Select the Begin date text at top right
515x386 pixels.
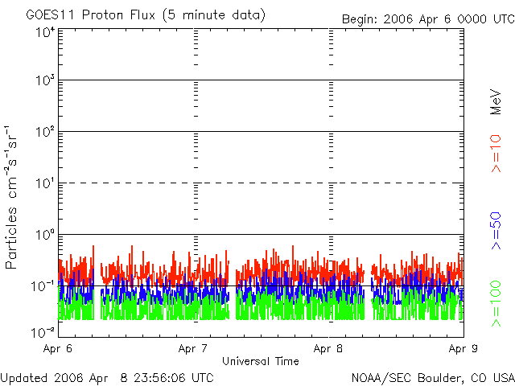click(428, 19)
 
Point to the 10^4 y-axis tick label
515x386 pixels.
click(45, 32)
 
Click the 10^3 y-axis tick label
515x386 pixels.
click(45, 80)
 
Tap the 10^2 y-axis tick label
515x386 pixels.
click(45, 132)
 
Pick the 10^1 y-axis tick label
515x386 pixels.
click(45, 183)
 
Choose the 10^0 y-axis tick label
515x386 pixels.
click(45, 234)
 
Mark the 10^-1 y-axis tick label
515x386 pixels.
click(43, 286)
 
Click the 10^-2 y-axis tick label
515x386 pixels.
click(43, 332)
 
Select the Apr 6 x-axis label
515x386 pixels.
click(57, 349)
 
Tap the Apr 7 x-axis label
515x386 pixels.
click(193, 349)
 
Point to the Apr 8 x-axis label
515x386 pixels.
click(328, 349)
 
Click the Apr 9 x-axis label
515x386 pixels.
click(463, 349)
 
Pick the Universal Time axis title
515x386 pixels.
click(261, 361)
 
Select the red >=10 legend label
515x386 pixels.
click(496, 154)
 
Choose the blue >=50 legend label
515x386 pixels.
click(496, 231)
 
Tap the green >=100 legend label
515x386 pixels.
click(496, 304)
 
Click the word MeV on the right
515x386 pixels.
click(496, 102)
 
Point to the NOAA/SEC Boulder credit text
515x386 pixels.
click(433, 378)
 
